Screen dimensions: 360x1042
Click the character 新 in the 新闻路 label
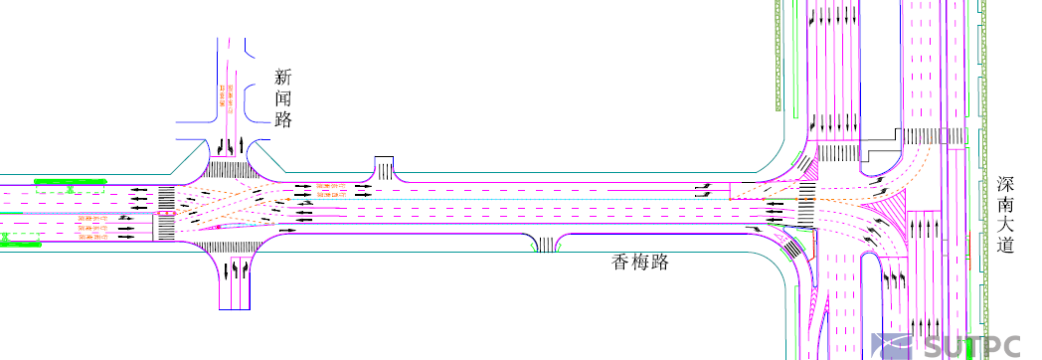pos(284,77)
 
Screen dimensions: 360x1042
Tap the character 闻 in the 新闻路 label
pos(284,98)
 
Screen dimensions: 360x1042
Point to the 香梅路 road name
pos(639,263)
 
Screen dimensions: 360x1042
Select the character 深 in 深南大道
pos(1006,184)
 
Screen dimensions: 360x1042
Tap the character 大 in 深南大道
pos(1006,225)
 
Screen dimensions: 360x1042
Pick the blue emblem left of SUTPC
pos(893,345)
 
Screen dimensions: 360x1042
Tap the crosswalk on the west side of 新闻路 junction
pos(166,212)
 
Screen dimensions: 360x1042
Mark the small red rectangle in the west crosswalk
pos(165,212)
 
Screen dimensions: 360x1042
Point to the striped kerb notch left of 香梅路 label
pos(547,245)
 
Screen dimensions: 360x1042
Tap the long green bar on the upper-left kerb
pos(70,181)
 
